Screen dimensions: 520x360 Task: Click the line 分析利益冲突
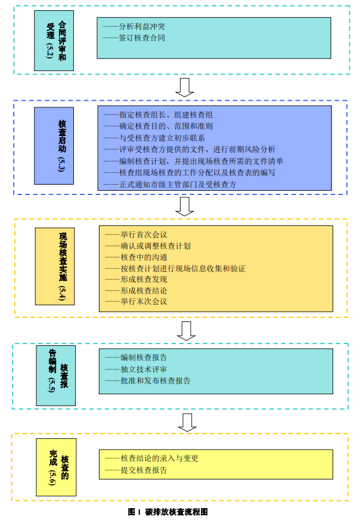[134, 27]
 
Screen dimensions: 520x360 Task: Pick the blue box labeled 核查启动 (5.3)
[62, 145]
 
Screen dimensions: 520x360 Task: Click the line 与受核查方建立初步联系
[154, 138]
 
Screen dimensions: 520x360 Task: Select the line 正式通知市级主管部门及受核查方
[170, 185]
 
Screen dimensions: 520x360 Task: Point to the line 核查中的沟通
[136, 256]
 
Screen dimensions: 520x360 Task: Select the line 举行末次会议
[136, 302]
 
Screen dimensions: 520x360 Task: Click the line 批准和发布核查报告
[148, 380]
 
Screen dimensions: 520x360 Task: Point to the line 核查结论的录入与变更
[151, 459]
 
